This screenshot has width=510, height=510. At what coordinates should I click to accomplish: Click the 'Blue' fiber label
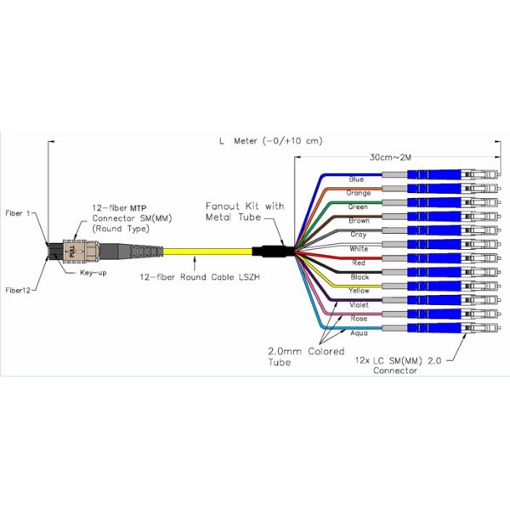pyautogui.click(x=357, y=179)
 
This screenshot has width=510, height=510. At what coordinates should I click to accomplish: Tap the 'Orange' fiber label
pyautogui.click(x=359, y=193)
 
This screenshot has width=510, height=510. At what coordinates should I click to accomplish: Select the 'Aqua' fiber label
pyautogui.click(x=358, y=332)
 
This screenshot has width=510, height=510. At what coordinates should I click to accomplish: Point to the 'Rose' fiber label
pyautogui.click(x=358, y=319)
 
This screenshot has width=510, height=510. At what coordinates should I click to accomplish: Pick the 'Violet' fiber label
pyautogui.click(x=358, y=304)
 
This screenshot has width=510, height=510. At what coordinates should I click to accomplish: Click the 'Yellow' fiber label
pyautogui.click(x=359, y=291)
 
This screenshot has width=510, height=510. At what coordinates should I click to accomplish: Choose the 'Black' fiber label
pyautogui.click(x=358, y=276)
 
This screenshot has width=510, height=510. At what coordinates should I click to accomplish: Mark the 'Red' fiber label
pyautogui.click(x=357, y=263)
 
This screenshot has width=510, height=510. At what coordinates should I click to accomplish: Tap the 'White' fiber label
pyautogui.click(x=358, y=249)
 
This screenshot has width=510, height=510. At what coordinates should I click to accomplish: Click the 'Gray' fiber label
pyautogui.click(x=358, y=235)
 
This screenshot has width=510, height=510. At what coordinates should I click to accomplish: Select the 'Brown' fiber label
pyautogui.click(x=359, y=221)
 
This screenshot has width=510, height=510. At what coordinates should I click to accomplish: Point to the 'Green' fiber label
pyautogui.click(x=358, y=207)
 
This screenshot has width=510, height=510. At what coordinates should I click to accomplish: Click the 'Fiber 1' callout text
pyautogui.click(x=18, y=213)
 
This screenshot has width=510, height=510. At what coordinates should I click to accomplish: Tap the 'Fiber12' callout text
pyautogui.click(x=18, y=290)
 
